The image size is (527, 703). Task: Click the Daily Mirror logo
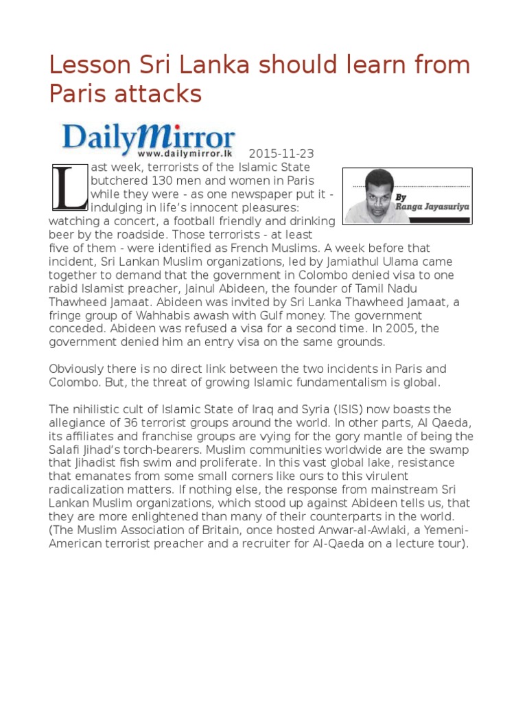point(149,137)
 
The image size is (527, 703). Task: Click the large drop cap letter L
point(69,186)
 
